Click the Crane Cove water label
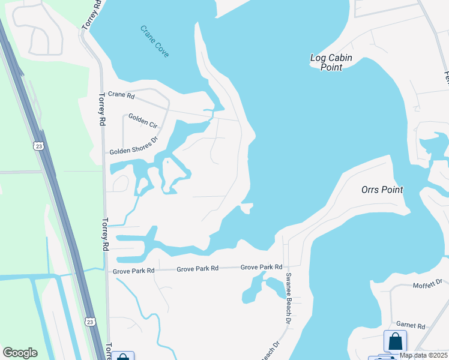tap(155, 41)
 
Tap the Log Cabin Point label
tap(331, 62)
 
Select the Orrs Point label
tap(382, 190)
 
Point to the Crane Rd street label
tap(121, 95)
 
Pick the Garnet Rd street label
tap(411, 326)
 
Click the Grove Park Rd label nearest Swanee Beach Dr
tap(262, 267)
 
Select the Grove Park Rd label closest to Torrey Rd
tap(134, 271)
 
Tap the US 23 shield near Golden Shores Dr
tap(39, 146)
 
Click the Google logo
tap(20, 353)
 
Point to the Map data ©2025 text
tap(423, 355)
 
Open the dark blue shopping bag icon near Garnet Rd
tap(396, 341)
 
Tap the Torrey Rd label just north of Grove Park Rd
tap(106, 234)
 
